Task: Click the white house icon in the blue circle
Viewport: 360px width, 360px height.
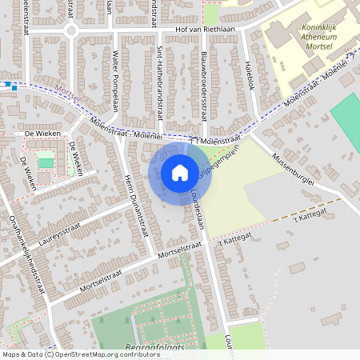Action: click(180, 172)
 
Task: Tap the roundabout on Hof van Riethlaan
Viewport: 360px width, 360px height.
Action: click(70, 30)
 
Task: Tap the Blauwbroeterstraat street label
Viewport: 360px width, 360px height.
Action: click(205, 86)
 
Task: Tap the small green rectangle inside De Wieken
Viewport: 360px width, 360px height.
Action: click(46, 162)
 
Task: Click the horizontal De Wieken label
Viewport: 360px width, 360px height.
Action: click(38, 134)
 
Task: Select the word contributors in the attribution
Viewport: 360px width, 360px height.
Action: click(137, 354)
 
